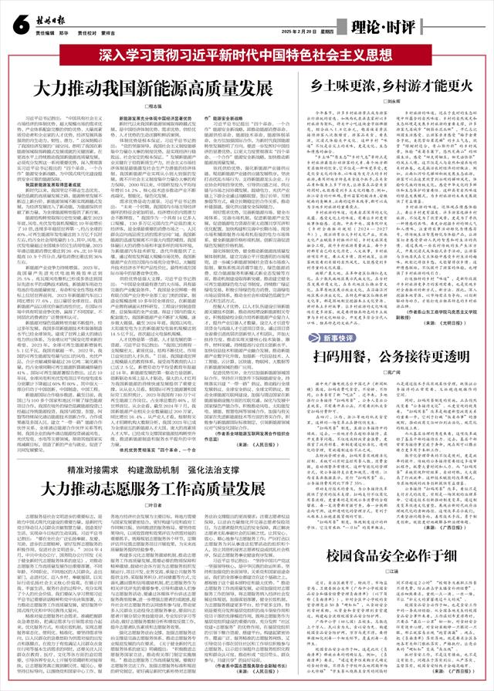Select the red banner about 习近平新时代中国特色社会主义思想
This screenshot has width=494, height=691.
click(247, 56)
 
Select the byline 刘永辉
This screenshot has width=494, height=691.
click(394, 101)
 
